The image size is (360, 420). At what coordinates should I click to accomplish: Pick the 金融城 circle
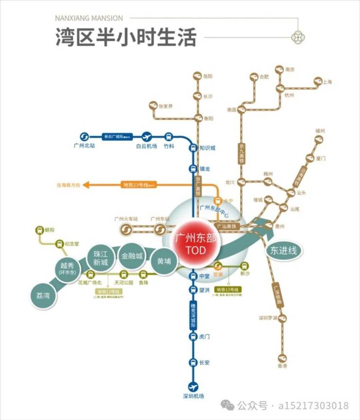132,256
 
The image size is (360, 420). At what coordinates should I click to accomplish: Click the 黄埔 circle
164,261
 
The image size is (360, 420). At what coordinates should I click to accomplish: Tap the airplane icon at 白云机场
147,137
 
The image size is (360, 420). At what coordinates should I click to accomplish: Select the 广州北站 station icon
83,137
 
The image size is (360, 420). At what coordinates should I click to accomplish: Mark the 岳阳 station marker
197,76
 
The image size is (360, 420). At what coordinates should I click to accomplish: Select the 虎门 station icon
193,337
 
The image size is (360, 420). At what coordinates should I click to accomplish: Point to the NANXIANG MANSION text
89,18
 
